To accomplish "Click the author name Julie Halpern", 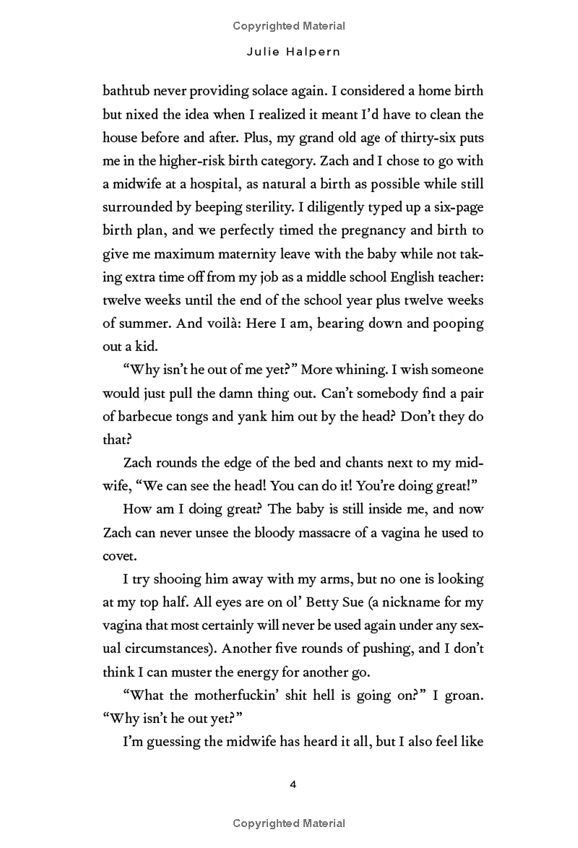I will (x=289, y=53).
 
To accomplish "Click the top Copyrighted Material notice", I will (x=289, y=26).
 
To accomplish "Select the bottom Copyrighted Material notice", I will (x=289, y=823).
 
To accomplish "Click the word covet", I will (x=118, y=555).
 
